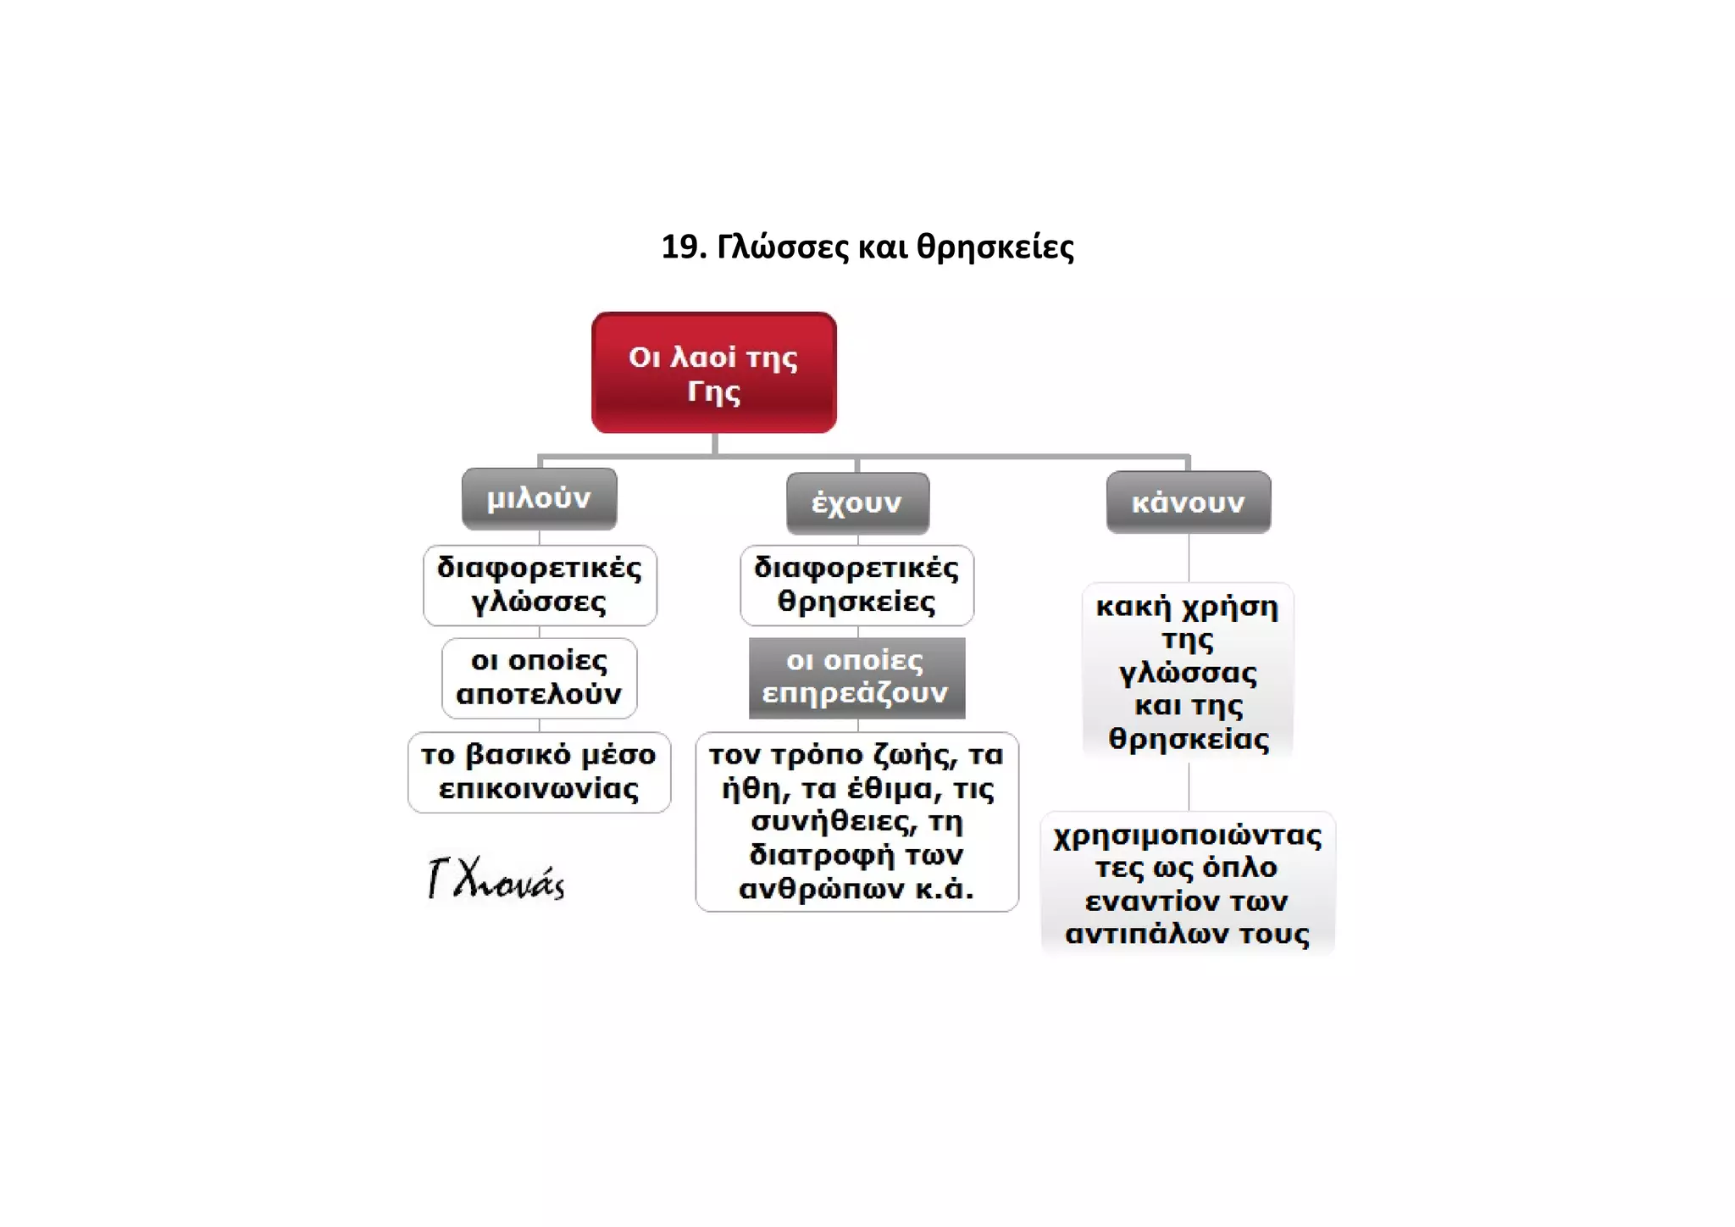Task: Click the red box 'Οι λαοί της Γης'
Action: (714, 373)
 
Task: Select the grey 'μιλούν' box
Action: (539, 499)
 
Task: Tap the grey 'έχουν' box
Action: (857, 503)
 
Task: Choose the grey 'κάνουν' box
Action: (1189, 502)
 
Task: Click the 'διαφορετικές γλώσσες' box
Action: (540, 586)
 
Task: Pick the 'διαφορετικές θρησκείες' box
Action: (856, 586)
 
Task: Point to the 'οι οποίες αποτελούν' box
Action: (540, 678)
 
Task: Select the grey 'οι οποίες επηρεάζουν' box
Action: (856, 678)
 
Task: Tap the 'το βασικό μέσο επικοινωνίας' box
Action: (539, 772)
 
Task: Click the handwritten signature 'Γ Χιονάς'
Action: (496, 878)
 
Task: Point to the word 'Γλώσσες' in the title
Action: (783, 247)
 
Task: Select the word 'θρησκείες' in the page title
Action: (995, 247)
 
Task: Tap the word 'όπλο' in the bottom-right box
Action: (1240, 869)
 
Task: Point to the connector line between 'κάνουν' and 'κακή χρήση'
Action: (1189, 558)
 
